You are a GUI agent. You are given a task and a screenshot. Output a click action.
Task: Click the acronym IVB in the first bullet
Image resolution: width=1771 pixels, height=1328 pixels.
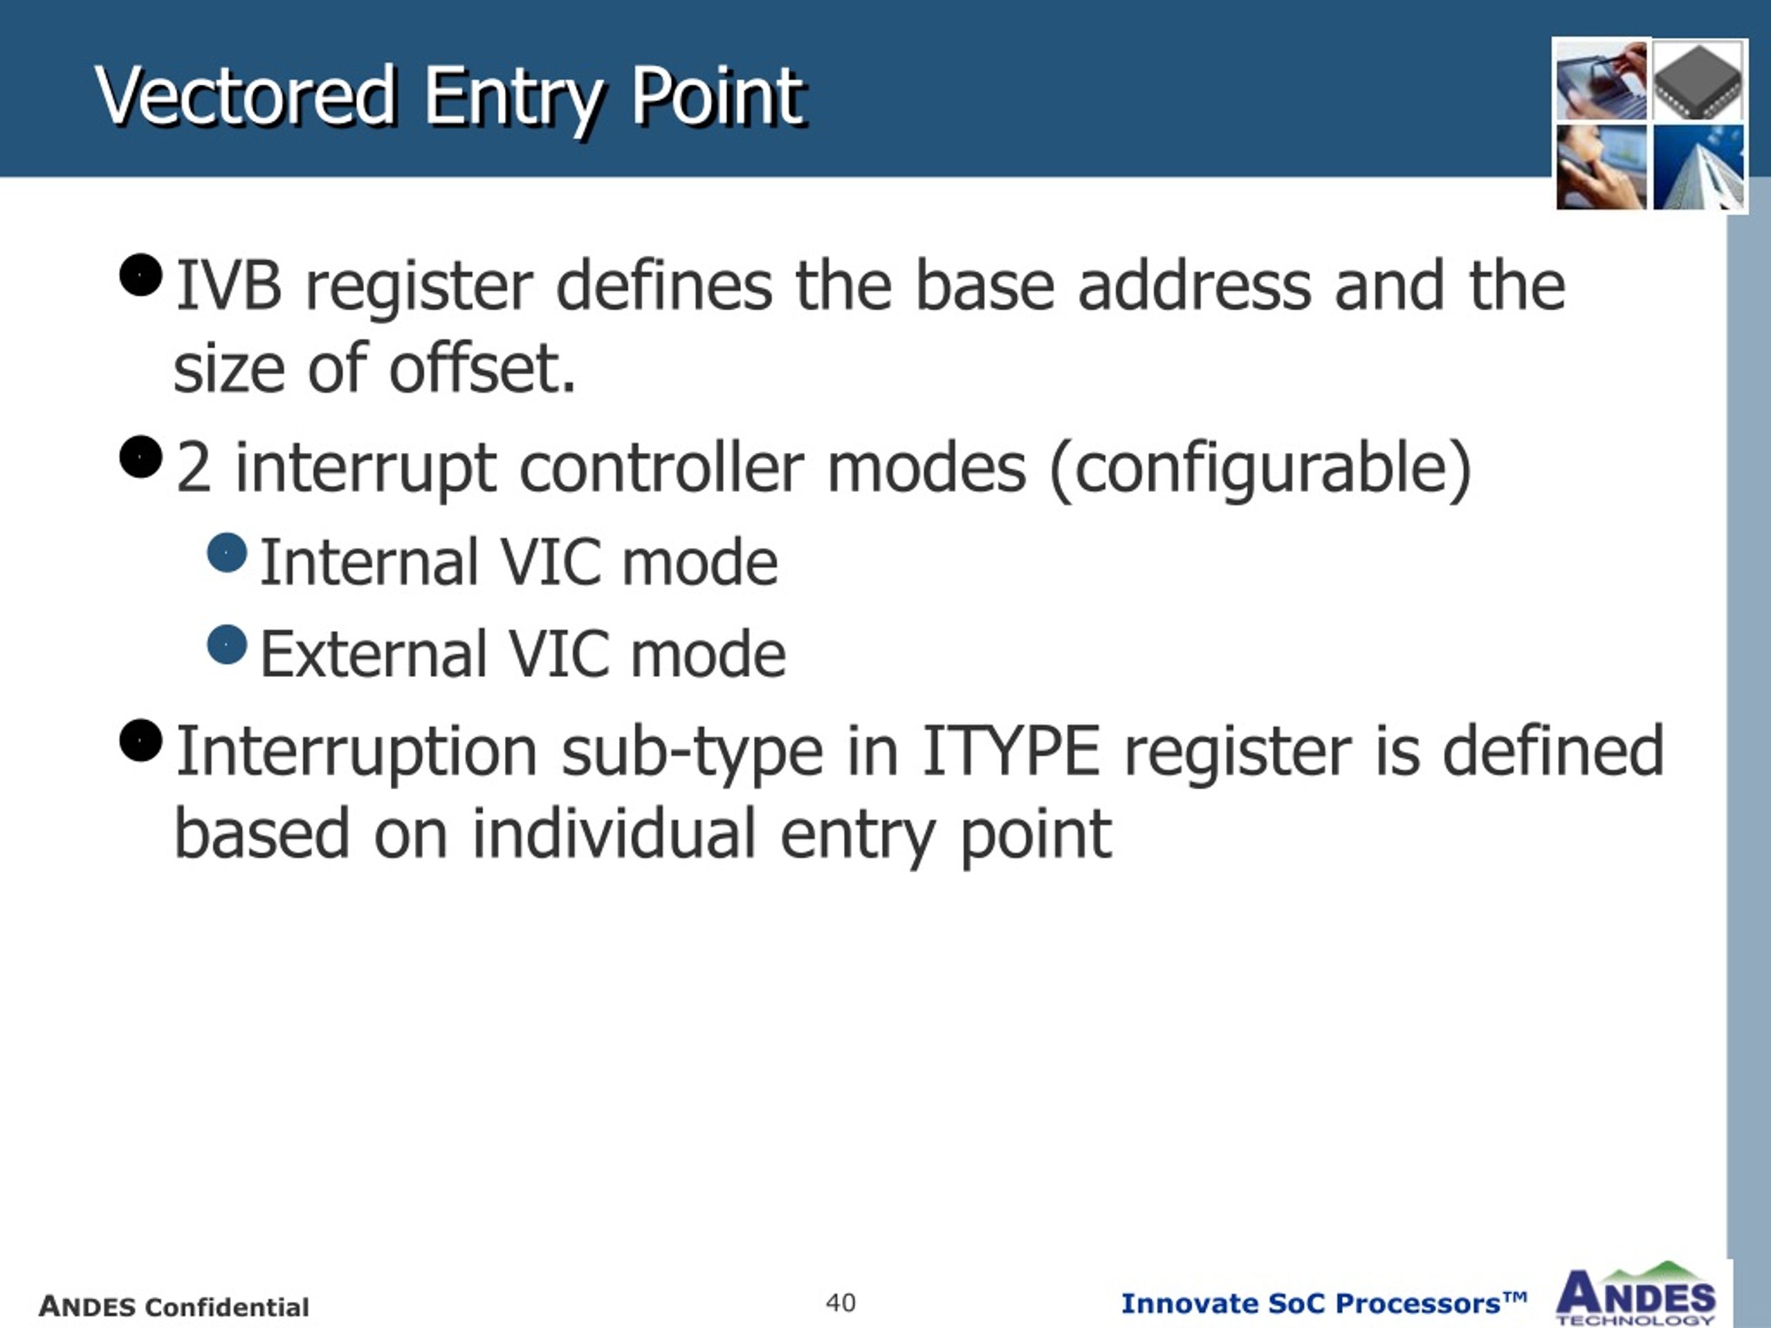point(229,285)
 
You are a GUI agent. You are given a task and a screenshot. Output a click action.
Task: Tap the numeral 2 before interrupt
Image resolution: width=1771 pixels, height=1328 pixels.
point(194,468)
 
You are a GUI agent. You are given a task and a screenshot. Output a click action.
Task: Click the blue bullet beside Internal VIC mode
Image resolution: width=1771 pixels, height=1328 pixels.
point(227,553)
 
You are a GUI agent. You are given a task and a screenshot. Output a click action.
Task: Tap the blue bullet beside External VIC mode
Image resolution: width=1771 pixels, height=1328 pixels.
point(227,645)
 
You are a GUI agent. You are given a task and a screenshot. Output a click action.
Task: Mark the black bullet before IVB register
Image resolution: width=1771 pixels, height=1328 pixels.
point(141,275)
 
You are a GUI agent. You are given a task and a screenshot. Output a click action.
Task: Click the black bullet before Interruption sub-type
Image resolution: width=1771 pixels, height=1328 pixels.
point(141,741)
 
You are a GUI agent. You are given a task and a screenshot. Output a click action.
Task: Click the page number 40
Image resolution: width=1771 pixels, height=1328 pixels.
point(841,1302)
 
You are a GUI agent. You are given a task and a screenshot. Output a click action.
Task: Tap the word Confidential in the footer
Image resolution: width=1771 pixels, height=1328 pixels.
point(228,1307)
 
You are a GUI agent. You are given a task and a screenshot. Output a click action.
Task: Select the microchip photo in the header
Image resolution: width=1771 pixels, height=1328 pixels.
point(1698,81)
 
